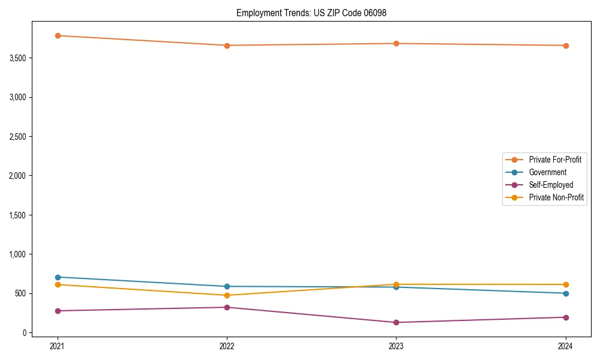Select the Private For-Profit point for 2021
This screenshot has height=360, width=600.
(58, 35)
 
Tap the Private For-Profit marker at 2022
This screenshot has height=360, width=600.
(227, 46)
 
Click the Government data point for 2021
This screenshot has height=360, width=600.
(58, 277)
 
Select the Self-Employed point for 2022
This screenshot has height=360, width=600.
(227, 307)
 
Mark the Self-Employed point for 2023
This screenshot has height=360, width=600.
(397, 322)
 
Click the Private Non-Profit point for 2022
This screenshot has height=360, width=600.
(227, 295)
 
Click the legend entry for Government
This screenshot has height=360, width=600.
(547, 172)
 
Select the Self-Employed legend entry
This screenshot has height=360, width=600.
(551, 185)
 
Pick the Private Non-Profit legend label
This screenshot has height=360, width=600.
(556, 197)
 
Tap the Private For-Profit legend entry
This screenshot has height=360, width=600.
(555, 160)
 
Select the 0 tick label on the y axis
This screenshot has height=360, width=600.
(25, 332)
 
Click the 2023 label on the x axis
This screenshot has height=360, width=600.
(397, 346)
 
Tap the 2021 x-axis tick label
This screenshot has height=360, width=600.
(58, 346)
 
